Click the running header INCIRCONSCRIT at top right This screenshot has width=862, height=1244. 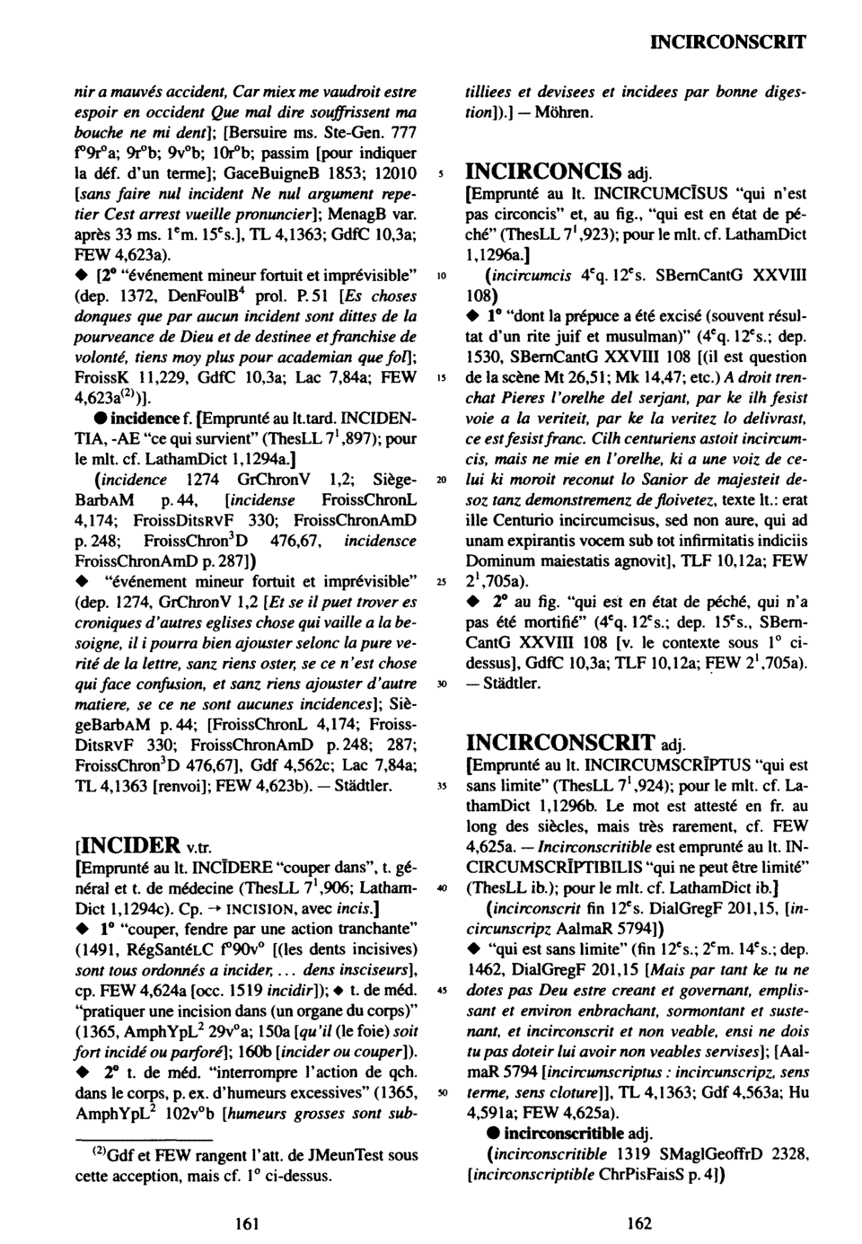pyautogui.click(x=727, y=41)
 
